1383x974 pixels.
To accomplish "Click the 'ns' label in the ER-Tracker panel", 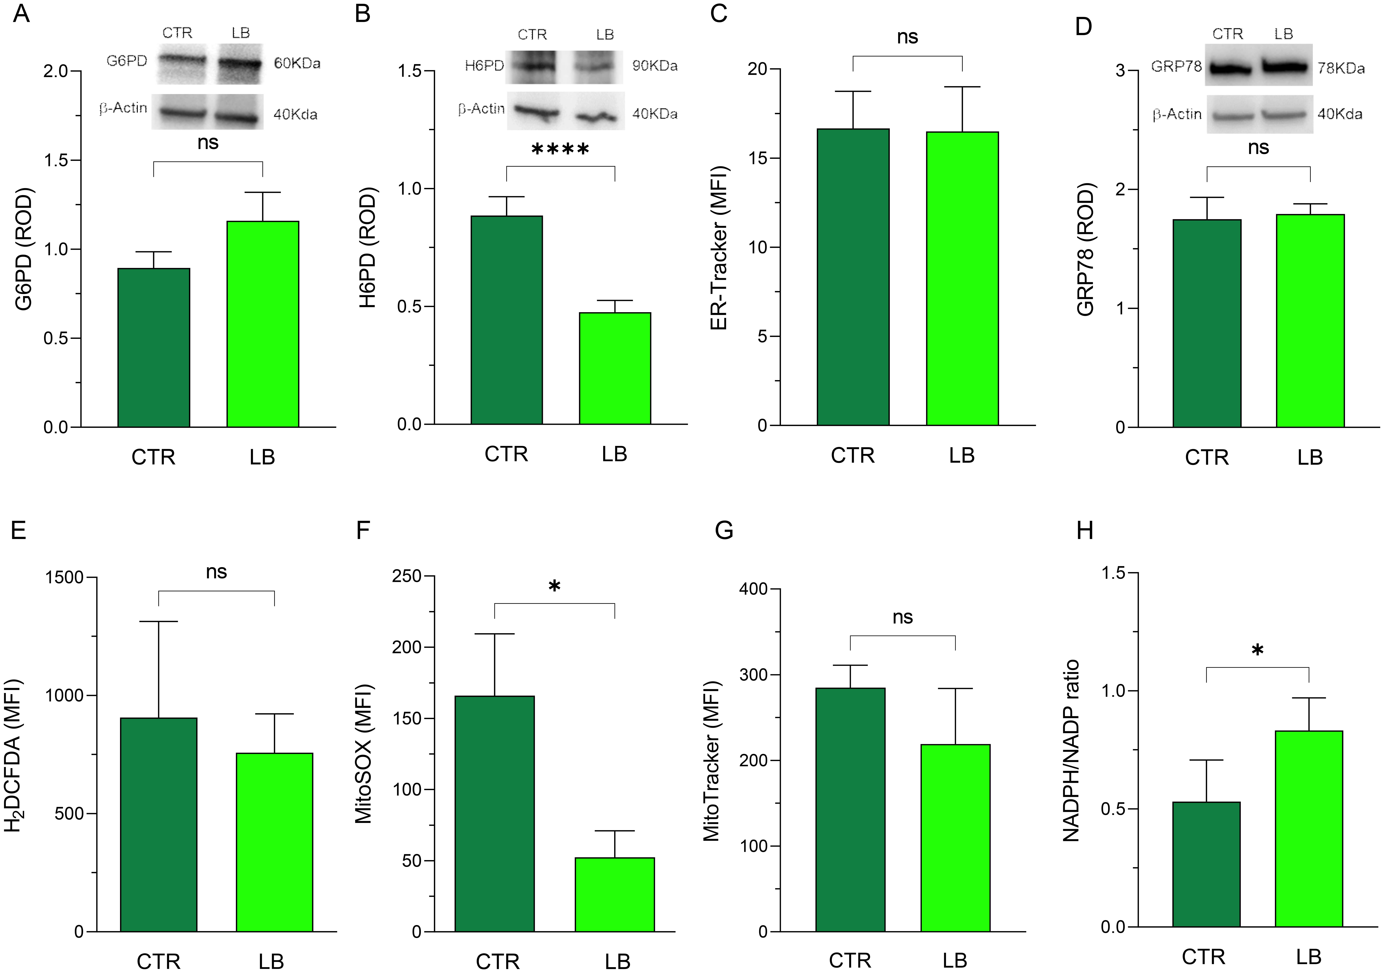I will click(907, 37).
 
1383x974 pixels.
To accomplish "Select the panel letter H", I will click(1084, 531).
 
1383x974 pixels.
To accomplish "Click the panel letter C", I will click(719, 13).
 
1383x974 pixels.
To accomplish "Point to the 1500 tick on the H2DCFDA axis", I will click(64, 577).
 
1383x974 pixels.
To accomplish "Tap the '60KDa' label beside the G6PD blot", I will click(297, 63).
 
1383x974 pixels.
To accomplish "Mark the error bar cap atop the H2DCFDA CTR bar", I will click(159, 621).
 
